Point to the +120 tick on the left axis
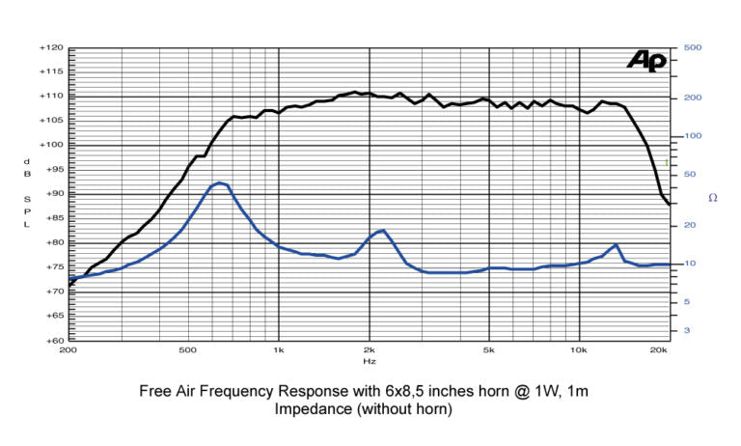[51, 47]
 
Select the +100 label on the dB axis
[51, 145]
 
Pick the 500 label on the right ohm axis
[691, 47]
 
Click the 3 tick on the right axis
[686, 330]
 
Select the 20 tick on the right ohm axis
[688, 225]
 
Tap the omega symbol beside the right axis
[712, 198]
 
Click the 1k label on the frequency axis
[279, 349]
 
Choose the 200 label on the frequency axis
[69, 349]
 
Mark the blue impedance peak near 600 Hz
[220, 182]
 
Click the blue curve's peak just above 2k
[383, 231]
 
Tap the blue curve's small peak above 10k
[615, 245]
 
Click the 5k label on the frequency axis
[489, 349]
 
